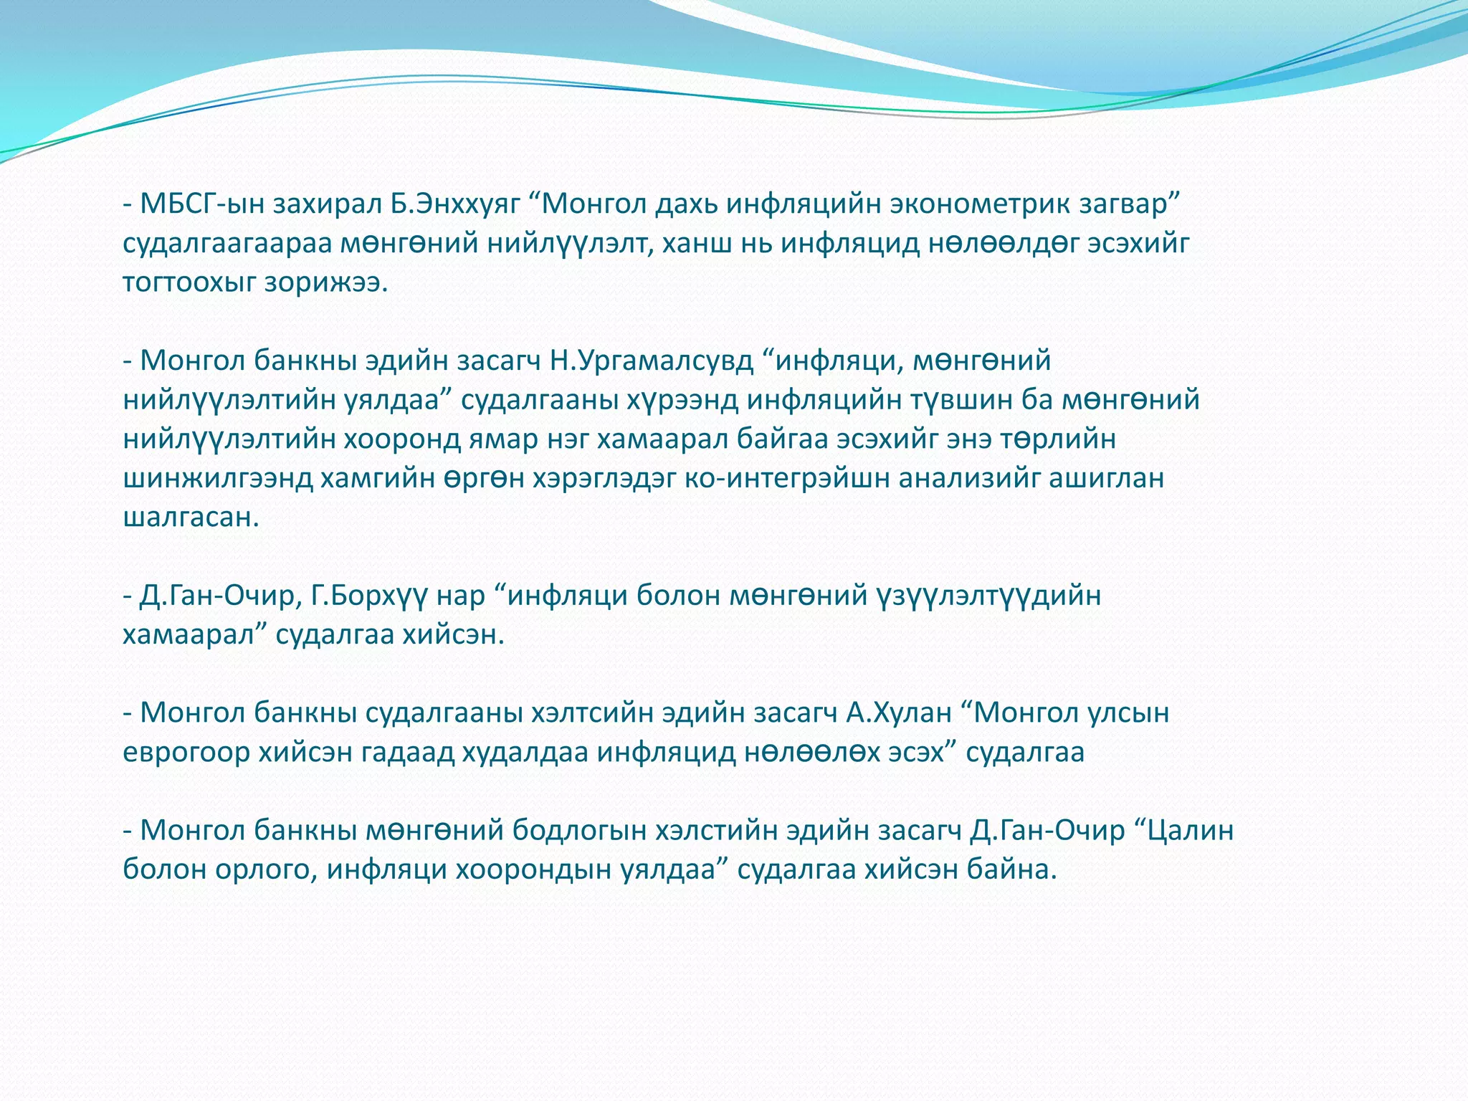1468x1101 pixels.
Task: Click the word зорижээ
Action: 326,283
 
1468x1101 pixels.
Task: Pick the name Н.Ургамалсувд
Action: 652,361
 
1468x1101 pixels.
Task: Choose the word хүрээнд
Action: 683,400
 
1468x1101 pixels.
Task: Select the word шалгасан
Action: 191,517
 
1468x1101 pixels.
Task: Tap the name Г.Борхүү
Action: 370,596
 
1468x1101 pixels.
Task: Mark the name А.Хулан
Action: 899,713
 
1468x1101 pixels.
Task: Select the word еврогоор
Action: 186,753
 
